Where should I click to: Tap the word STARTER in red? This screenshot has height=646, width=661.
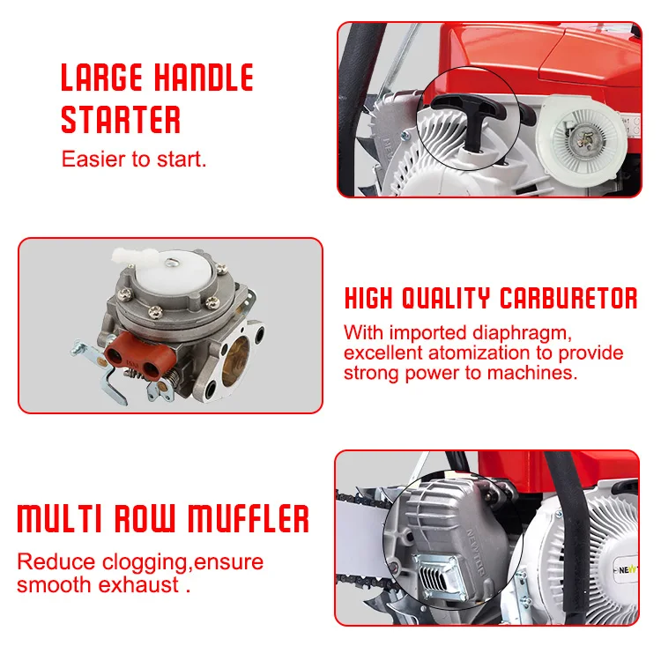(x=121, y=119)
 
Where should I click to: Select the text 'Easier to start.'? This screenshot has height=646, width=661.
(x=133, y=160)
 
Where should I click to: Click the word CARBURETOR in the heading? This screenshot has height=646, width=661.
(x=568, y=298)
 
